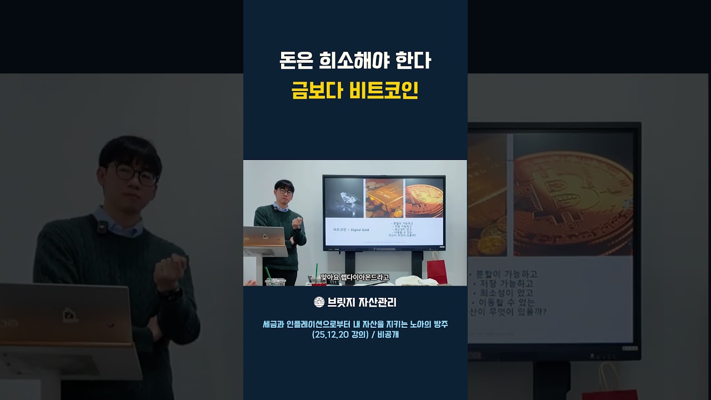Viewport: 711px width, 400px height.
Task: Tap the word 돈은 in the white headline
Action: [x=297, y=61]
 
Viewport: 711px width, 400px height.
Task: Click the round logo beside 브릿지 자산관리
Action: [x=319, y=302]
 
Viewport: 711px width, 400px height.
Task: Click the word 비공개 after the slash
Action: [x=388, y=335]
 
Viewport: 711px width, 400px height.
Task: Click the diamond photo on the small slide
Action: [x=343, y=197]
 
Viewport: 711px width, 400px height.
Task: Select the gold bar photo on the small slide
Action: [x=384, y=197]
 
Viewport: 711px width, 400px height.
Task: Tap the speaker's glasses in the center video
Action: [x=284, y=192]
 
